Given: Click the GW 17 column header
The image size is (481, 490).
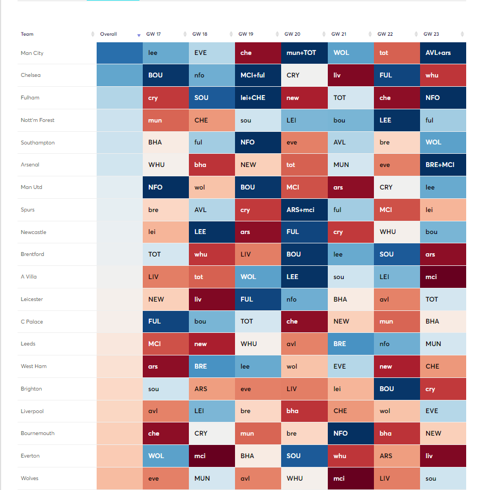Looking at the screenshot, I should coord(154,34).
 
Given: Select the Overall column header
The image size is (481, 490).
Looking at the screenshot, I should coord(109,34).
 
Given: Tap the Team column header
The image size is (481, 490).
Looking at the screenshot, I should coord(27,34).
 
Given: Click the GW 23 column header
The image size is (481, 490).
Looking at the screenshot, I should coord(432,34).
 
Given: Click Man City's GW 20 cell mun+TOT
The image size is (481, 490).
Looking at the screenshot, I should coord(304,53).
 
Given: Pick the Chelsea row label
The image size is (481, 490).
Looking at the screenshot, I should coord(31,75).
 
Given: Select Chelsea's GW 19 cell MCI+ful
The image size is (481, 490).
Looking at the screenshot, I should coord(258,75).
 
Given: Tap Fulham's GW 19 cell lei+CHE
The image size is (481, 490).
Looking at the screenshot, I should coord(258,98).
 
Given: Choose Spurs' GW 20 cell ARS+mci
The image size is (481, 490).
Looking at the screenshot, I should coord(304,210).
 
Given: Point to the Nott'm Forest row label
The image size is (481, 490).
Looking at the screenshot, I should coord(37,120).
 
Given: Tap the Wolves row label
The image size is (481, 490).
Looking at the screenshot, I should coord(30,478).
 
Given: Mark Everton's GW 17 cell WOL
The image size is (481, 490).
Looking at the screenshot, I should coord(165,456).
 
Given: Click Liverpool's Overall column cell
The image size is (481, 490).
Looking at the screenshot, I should coord(119,411).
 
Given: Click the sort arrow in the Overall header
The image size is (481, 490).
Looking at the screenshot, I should coord(139,35).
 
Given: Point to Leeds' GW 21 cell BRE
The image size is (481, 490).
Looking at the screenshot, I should coord(350,344).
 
